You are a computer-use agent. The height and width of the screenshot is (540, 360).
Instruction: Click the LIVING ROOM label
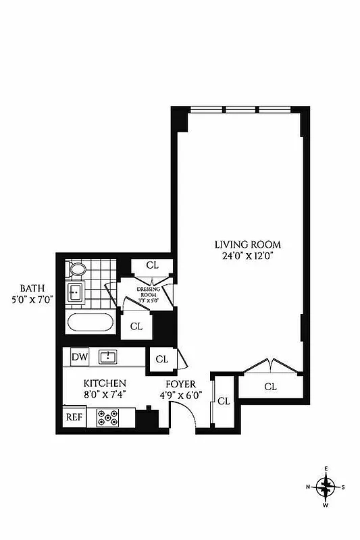(248, 244)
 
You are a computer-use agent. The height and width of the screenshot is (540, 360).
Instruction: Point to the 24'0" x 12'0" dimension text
(248, 256)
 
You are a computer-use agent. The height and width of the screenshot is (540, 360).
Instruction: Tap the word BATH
(32, 287)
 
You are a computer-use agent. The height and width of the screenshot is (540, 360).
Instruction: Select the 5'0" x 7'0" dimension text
(32, 298)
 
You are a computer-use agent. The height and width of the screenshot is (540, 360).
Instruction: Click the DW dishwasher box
(78, 356)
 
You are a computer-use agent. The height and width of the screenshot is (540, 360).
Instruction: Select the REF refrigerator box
(74, 416)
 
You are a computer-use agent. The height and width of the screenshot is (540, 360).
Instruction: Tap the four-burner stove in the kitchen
(107, 418)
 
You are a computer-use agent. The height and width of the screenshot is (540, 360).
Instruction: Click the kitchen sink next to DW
(108, 356)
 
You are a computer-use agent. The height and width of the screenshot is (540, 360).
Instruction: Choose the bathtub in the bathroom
(91, 321)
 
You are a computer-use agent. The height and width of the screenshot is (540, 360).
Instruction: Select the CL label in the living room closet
(270, 387)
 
